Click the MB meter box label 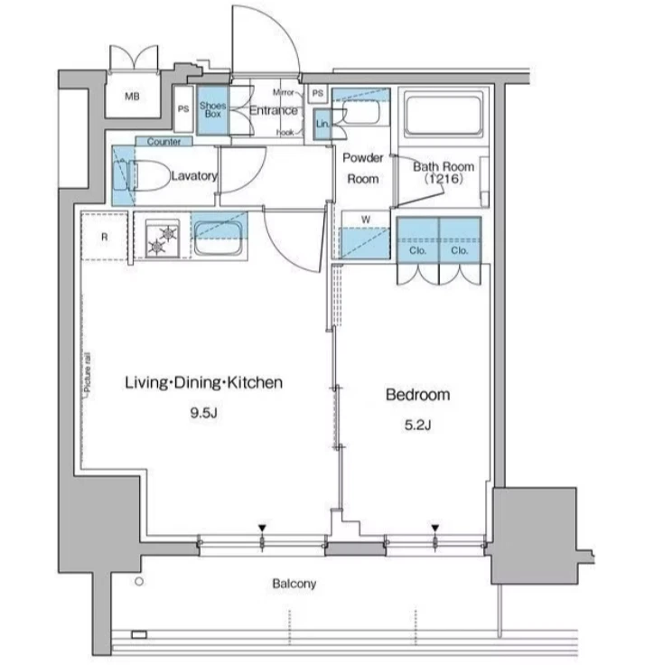point(132,97)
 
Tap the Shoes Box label point(213,109)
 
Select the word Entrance point(274,110)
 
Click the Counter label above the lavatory point(163,142)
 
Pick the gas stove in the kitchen point(163,239)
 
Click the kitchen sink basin point(219,239)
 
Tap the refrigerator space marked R point(105,237)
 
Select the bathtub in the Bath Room point(444,115)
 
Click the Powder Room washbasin point(361,111)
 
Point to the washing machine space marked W point(366,236)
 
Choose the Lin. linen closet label point(322,124)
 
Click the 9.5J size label point(204,413)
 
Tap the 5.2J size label point(417,425)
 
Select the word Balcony point(294,584)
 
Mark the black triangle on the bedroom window point(435,528)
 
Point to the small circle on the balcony point(139,582)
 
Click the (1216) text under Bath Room point(444,179)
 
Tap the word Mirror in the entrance point(284,92)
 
